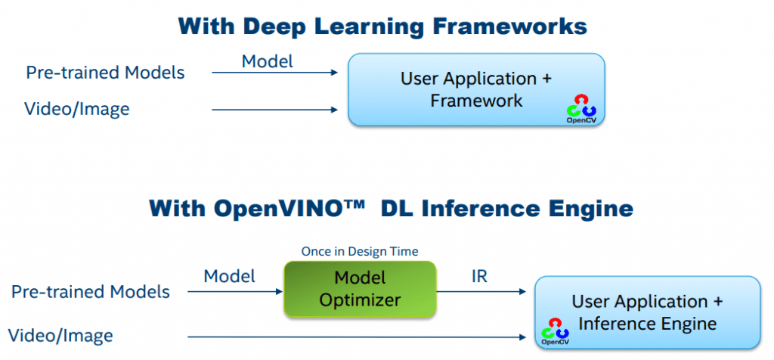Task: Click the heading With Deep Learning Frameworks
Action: [x=382, y=26]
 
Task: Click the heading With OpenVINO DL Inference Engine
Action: [x=391, y=207]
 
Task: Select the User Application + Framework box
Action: [x=476, y=89]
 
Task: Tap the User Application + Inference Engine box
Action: [x=647, y=312]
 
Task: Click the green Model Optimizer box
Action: [x=359, y=289]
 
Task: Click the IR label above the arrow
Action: [x=478, y=277]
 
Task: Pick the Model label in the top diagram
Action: [x=267, y=61]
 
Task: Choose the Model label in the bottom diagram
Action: [x=230, y=277]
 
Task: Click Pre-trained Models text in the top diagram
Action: [x=105, y=73]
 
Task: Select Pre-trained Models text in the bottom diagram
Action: [x=90, y=291]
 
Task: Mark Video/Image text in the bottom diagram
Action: [x=61, y=335]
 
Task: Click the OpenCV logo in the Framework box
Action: [x=581, y=108]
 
